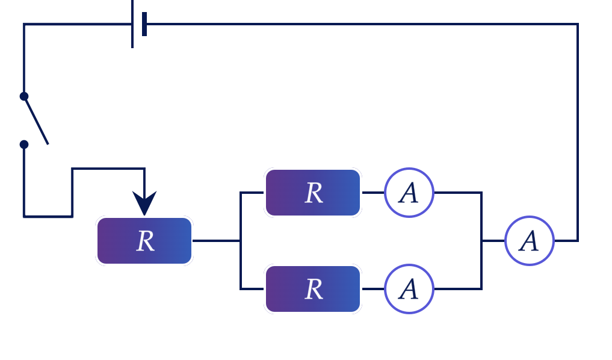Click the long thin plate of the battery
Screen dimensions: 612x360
pos(132,24)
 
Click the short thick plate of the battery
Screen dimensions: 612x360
pos(144,24)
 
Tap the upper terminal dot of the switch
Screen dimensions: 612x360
pos(24,96)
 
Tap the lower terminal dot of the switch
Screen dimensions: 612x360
pos(24,144)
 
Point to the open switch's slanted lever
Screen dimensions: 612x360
pos(36,121)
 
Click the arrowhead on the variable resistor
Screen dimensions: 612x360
pos(144,203)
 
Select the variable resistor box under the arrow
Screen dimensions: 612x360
pos(144,241)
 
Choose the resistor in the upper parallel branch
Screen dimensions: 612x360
pos(313,193)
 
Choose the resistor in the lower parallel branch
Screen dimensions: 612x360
pos(313,289)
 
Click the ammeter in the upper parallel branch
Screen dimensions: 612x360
pos(409,193)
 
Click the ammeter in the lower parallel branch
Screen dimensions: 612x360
pos(409,289)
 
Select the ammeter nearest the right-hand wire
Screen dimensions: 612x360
pos(530,241)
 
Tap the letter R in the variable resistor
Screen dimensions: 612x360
pos(146,241)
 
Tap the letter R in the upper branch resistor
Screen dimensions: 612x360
pos(314,193)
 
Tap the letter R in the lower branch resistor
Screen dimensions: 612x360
pos(314,290)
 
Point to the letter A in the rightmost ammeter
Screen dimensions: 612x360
pos(529,241)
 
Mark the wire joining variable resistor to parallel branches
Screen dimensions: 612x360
pos(216,241)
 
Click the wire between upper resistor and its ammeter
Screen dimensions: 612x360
pos(373,193)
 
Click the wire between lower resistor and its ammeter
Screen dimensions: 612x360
pos(373,289)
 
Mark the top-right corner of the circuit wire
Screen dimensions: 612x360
pos(578,24)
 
